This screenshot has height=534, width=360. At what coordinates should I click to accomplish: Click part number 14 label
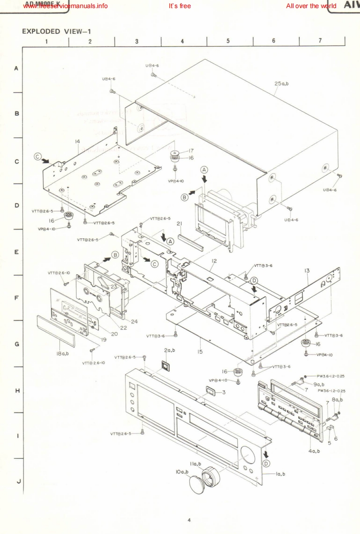tap(77, 141)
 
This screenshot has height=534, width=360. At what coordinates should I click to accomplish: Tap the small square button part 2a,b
tap(165, 365)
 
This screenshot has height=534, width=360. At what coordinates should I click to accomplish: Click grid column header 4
tap(183, 41)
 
